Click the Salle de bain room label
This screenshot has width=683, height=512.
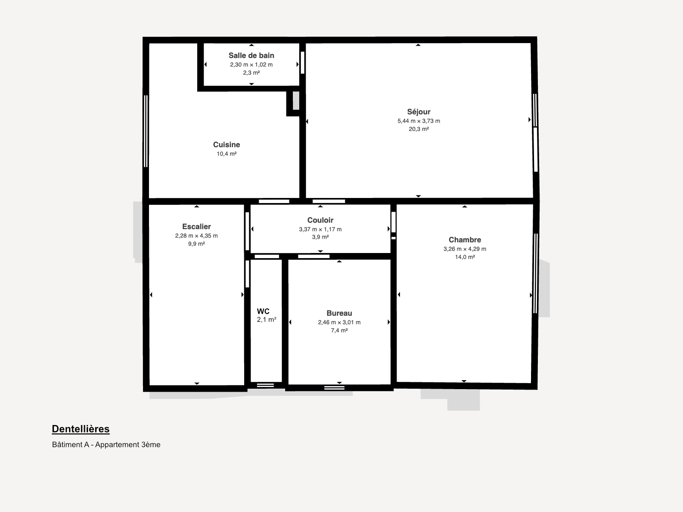[251, 55]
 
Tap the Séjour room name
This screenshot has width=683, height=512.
[419, 112]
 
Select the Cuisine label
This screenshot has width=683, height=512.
[227, 145]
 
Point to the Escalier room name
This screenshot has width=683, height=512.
[196, 227]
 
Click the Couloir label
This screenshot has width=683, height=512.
[320, 220]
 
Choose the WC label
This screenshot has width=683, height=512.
[263, 311]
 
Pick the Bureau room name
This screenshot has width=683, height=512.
[339, 313]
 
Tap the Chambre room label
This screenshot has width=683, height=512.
[465, 240]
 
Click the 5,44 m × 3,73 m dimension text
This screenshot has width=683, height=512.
[419, 121]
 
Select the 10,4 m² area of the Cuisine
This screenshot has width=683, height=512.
[227, 154]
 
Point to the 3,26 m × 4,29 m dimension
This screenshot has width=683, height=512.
[465, 249]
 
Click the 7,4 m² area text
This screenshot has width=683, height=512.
[339, 330]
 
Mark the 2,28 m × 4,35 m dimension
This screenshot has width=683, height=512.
[196, 236]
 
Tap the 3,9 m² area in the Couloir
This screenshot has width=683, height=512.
[320, 237]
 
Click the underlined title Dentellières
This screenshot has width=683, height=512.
[81, 429]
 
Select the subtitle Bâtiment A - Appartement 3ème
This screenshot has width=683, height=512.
[106, 445]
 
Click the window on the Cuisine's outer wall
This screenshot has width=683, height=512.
[146, 131]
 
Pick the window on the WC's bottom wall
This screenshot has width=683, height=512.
[266, 385]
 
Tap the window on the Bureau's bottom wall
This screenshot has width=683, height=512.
[335, 388]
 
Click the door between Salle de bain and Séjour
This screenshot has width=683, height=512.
[303, 62]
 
